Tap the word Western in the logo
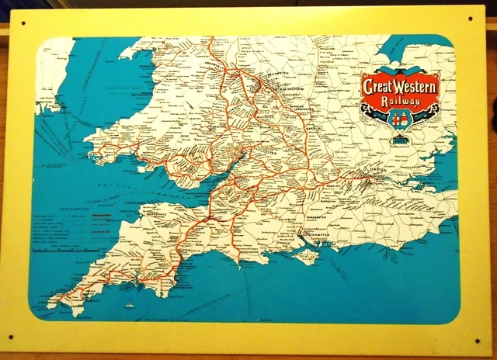(416, 84)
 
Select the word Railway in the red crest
(401, 101)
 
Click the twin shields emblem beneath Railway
(399, 120)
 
